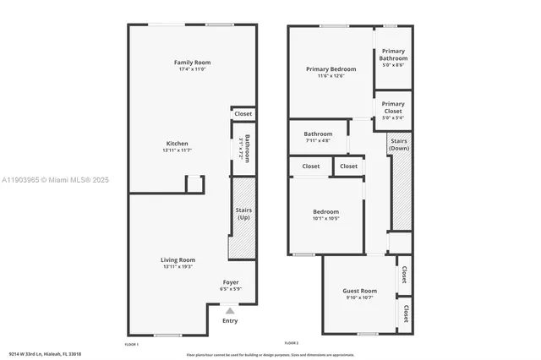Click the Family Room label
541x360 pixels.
pos(192,63)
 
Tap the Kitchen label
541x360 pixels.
pos(177,144)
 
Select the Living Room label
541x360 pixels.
pos(178,259)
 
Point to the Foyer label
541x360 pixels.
pos(231,282)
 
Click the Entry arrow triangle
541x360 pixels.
pos(229,310)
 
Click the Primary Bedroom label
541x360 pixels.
pos(331,68)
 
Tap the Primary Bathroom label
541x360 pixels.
pos(394,54)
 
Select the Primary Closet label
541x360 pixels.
pos(394,107)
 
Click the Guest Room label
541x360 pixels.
pos(359,291)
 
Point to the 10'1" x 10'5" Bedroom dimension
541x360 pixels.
pos(326,219)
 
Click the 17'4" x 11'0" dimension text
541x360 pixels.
pos(192,70)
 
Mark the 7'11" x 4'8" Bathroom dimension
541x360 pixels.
pos(318,141)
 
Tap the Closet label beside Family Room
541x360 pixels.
pos(243,114)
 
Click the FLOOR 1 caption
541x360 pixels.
pos(132,345)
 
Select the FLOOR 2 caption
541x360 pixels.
pos(291,342)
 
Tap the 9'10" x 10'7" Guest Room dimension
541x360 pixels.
pos(359,297)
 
